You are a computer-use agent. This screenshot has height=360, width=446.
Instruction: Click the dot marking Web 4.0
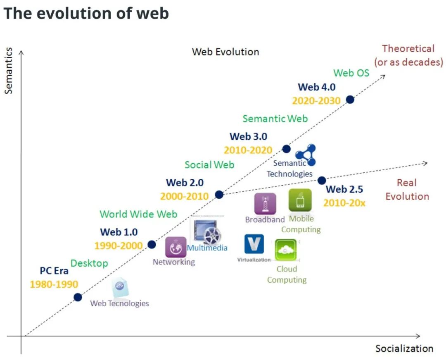pyautogui.click(x=350, y=99)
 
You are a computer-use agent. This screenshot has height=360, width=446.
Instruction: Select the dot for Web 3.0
pyautogui.click(x=286, y=149)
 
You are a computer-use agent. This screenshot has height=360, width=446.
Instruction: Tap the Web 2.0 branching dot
pyautogui.click(x=219, y=195)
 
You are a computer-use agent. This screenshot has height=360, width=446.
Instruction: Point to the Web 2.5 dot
pyautogui.click(x=322, y=180)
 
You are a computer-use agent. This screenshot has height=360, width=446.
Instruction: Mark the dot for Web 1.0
pyautogui.click(x=152, y=244)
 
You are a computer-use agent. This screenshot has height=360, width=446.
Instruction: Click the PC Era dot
pyautogui.click(x=78, y=297)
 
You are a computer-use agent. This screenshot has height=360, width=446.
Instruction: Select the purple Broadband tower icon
pyautogui.click(x=265, y=204)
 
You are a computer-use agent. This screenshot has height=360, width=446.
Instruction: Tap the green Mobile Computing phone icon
pyautogui.click(x=300, y=200)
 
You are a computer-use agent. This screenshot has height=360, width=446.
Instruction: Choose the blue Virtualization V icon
pyautogui.click(x=254, y=244)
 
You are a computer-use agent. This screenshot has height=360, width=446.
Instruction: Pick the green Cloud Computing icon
pyautogui.click(x=286, y=250)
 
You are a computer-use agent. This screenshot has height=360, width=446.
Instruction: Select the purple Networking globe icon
pyautogui.click(x=176, y=247)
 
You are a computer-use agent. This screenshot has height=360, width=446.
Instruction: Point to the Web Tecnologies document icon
pyautogui.click(x=120, y=287)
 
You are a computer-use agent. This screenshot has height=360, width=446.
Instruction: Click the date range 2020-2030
pyautogui.click(x=316, y=101)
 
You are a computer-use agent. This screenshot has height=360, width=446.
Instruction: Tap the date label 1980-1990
pyautogui.click(x=54, y=284)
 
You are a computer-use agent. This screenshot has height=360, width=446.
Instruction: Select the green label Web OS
pyautogui.click(x=351, y=73)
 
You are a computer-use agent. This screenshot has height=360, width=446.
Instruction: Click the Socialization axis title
pyautogui.click(x=404, y=348)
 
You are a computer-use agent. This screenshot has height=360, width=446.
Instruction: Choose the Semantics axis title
pyautogui.click(x=9, y=71)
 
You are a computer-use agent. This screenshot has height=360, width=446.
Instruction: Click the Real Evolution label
pyautogui.click(x=407, y=189)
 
